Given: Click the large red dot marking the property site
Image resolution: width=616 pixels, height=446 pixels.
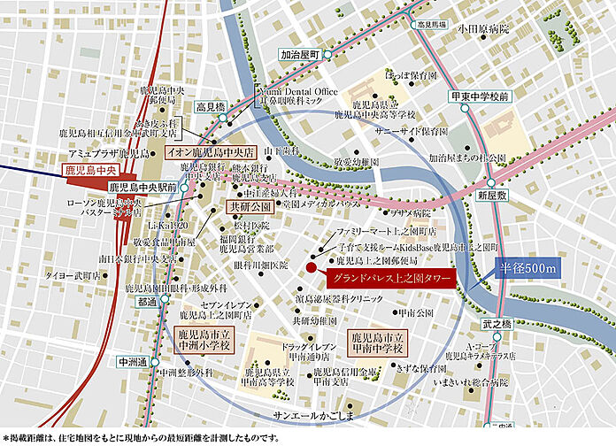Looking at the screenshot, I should (x=310, y=268).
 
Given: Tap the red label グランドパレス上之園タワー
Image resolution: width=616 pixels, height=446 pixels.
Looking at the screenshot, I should (x=389, y=280).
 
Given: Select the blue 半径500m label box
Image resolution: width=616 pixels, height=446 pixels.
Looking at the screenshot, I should (x=522, y=268).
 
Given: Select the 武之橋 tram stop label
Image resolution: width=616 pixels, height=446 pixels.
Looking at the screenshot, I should (x=497, y=326).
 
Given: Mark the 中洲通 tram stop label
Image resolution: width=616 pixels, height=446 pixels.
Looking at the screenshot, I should (x=134, y=360).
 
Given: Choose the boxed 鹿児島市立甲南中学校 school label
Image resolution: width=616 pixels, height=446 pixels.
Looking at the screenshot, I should (x=379, y=343).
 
